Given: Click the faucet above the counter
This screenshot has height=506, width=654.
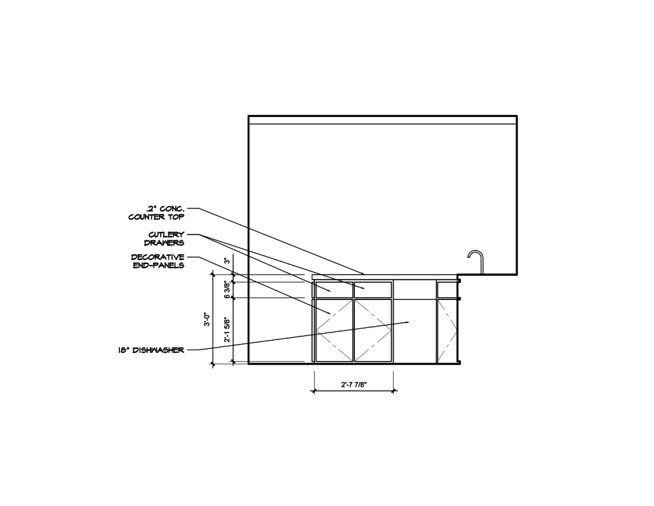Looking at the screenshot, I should pos(477,261).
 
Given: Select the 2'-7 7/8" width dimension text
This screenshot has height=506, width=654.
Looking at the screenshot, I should pos(354,384).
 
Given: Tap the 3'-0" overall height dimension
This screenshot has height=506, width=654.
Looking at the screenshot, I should pos(206,320).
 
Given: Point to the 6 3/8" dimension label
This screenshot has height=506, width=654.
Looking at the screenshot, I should pos(227,291).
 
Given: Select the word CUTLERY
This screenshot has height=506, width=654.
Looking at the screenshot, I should pos(166,235).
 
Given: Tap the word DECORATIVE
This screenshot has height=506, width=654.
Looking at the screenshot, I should pos(157,257).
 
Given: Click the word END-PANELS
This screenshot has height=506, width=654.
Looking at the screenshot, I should pos(158,265).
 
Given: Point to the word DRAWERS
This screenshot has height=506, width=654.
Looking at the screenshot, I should pos(168,242).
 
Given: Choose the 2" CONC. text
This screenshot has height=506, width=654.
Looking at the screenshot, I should pos(166,209).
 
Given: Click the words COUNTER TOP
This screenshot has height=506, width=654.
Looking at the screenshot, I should pos(156,217).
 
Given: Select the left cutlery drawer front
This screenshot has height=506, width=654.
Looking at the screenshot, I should pos(334,290).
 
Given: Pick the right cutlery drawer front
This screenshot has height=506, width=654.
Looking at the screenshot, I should pos(373,290).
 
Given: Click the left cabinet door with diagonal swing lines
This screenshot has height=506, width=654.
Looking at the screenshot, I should pos(334,331).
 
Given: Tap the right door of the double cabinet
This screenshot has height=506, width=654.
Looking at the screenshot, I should pos(373,331).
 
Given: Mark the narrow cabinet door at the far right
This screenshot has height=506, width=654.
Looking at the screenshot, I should pos(447,331).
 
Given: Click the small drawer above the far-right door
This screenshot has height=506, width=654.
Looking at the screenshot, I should pos(447,290).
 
